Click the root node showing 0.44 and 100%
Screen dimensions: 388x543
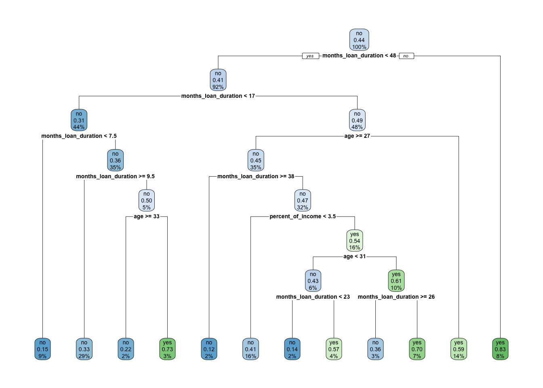(x=359, y=40)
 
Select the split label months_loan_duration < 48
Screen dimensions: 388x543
(x=359, y=56)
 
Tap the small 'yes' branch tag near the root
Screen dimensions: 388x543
(x=310, y=56)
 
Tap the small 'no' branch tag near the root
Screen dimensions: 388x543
(x=406, y=56)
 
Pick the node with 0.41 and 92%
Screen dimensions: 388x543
(x=218, y=80)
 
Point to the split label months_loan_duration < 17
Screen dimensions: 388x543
(x=218, y=96)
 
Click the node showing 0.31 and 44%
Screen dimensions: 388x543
(x=79, y=120)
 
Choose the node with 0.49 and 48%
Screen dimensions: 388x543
(x=357, y=120)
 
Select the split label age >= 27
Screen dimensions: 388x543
(x=357, y=136)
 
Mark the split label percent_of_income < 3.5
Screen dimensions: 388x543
(x=303, y=217)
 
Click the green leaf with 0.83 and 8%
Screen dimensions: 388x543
(x=500, y=349)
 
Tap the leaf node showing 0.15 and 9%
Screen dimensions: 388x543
(x=42, y=349)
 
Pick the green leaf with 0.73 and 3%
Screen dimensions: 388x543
(x=167, y=349)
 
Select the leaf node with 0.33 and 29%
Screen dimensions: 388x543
(x=84, y=349)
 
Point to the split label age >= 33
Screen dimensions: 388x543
(x=147, y=217)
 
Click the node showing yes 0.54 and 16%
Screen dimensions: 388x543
(x=355, y=241)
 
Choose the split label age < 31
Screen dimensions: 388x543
(x=354, y=257)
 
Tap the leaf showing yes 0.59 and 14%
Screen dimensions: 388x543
(x=459, y=349)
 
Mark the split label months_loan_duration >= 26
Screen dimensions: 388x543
(x=396, y=297)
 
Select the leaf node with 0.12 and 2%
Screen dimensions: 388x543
(x=209, y=349)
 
